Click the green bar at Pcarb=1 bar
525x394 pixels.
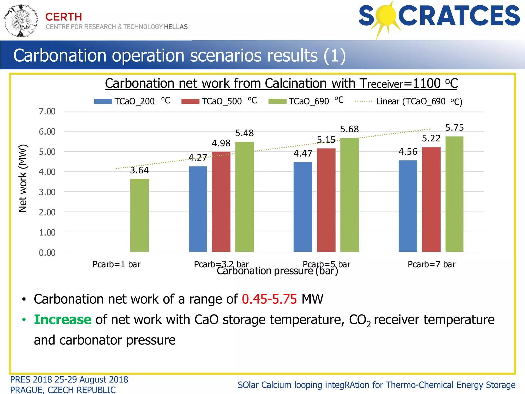click(139, 215)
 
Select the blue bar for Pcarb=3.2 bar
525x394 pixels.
click(198, 209)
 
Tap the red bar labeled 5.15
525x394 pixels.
click(326, 200)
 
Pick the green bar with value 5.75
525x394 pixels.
click(454, 194)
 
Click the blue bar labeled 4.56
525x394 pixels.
click(408, 206)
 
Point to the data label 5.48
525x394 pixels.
click(244, 133)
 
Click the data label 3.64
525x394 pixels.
click(139, 170)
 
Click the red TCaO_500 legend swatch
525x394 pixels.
click(190, 102)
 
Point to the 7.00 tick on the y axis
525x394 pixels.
click(47, 111)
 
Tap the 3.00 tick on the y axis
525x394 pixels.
click(47, 192)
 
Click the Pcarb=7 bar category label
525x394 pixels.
click(431, 264)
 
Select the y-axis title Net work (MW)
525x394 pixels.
click(23, 178)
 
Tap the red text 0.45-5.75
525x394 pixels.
click(269, 299)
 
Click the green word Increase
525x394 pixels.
click(63, 320)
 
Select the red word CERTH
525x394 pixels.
click(64, 17)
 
